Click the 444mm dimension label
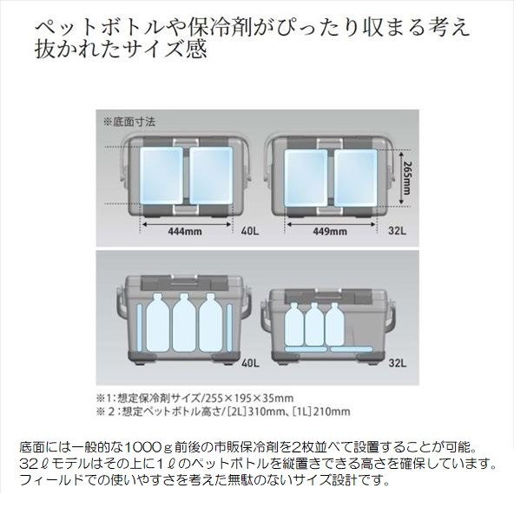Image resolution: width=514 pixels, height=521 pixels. click(x=185, y=231)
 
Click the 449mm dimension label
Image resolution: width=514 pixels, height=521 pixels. click(x=330, y=231)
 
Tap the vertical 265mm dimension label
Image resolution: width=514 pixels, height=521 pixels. click(x=406, y=178)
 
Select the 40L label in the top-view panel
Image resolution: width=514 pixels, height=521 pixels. click(x=250, y=231)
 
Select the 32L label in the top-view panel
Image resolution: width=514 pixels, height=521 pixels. click(x=397, y=231)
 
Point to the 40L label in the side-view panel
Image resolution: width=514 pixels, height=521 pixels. click(x=251, y=363)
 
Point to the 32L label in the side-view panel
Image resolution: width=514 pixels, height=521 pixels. click(x=398, y=363)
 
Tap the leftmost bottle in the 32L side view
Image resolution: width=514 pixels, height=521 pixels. click(x=294, y=324)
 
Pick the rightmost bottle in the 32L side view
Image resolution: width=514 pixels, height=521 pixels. click(x=334, y=324)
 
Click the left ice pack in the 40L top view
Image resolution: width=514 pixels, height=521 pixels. click(x=161, y=175)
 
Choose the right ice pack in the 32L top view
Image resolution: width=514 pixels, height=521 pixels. click(x=355, y=178)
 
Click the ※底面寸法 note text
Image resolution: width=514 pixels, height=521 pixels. click(x=129, y=122)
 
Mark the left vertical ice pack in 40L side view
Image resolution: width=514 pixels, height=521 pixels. click(x=140, y=327)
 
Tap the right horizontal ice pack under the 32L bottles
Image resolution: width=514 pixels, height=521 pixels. click(x=352, y=349)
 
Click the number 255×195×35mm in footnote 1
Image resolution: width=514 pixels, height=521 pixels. click(x=248, y=398)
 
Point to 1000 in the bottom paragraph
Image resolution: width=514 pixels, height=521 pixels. click(x=144, y=447)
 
